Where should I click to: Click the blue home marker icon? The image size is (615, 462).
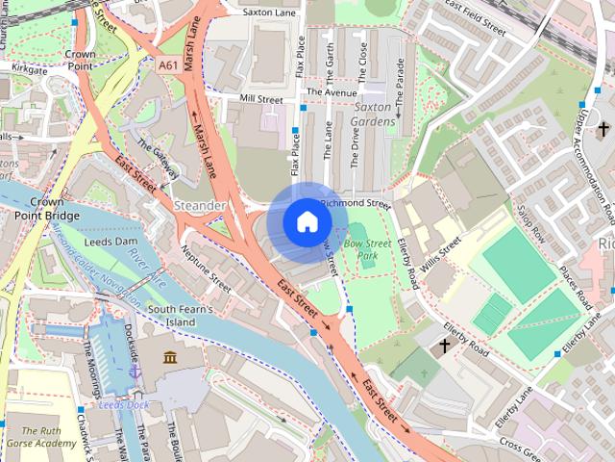tap(306, 222)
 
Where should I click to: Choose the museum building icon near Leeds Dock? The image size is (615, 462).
tap(170, 358)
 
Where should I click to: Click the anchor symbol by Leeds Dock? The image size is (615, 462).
tap(135, 368)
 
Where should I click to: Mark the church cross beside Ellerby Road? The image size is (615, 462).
tap(445, 344)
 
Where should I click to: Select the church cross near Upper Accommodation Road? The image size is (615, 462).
tap(604, 128)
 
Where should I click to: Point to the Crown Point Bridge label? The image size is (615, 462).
tap(33, 209)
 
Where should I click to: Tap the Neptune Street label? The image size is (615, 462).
tap(206, 269)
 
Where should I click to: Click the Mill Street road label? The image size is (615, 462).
tap(261, 99)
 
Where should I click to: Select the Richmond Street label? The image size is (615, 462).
tap(355, 204)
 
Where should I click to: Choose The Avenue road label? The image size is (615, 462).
tap(325, 92)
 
